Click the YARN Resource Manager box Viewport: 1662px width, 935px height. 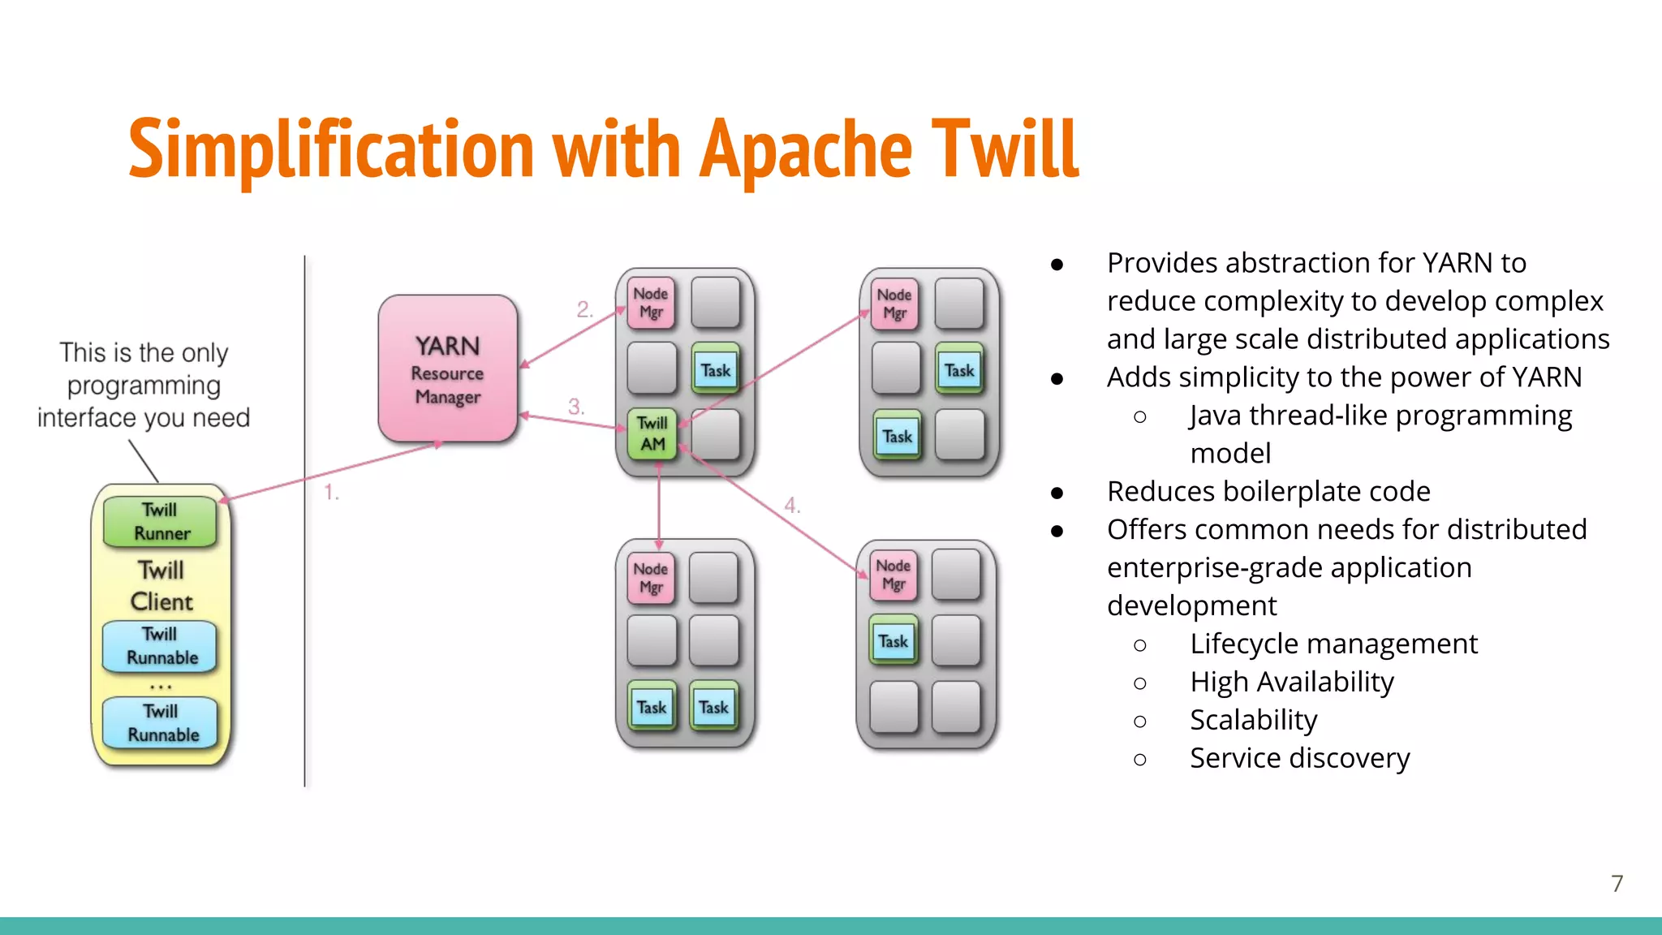[x=447, y=369]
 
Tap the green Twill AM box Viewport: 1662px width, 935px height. [x=652, y=433]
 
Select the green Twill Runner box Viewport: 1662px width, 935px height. [x=161, y=521]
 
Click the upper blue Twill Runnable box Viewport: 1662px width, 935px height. [x=161, y=646]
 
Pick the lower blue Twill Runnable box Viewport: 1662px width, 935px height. [x=161, y=722]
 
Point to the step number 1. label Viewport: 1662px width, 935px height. [x=331, y=492]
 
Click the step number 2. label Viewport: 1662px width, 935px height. [x=585, y=309]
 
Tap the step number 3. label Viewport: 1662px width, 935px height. [x=576, y=406]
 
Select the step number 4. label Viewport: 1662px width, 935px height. [x=792, y=506]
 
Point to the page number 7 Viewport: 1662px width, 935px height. [x=1617, y=883]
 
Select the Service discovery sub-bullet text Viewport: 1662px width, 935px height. [x=1299, y=758]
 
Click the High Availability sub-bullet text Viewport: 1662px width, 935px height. [x=1291, y=682]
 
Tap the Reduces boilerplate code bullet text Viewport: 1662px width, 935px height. [x=1268, y=492]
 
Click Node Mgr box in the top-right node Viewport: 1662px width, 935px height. [x=894, y=304]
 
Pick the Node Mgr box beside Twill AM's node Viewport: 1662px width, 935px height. [x=651, y=303]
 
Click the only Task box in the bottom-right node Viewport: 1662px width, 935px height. [x=893, y=641]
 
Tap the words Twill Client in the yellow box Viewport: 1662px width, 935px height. [x=161, y=586]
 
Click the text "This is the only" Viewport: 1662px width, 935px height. [x=144, y=353]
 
